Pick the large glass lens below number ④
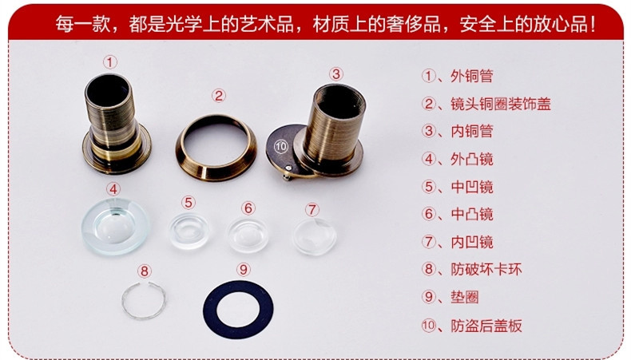point(116,226)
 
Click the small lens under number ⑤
point(189,231)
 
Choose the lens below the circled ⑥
point(248,235)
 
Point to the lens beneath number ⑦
point(315,237)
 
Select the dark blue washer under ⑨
point(209,310)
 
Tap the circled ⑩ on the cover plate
point(281,146)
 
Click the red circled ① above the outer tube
point(110,62)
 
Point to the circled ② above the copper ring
point(219,96)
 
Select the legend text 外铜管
point(471,76)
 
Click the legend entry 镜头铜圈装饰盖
point(500,104)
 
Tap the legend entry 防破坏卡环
point(486,269)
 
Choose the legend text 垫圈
point(464,297)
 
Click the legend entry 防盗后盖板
point(486,326)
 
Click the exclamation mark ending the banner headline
point(592,24)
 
